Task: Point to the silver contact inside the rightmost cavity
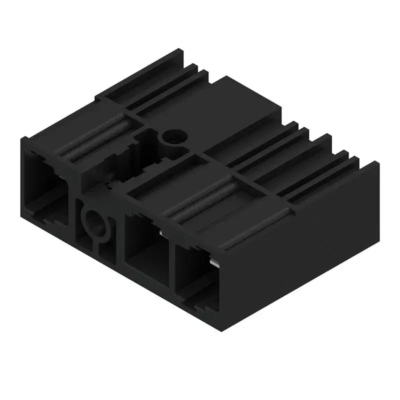click(x=214, y=263)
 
